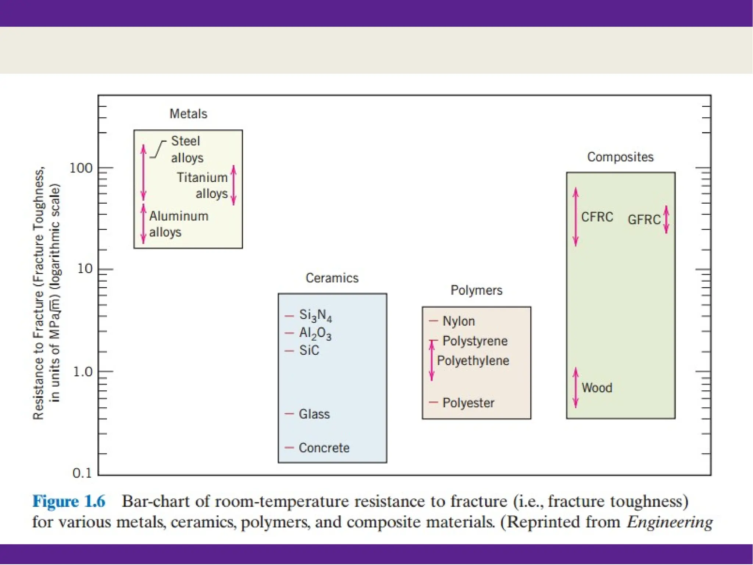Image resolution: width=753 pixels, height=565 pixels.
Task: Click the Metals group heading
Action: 188,114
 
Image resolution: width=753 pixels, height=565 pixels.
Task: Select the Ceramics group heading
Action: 332,278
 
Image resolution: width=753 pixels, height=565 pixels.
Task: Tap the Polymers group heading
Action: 476,290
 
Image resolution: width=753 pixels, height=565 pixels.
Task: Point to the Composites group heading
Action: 620,157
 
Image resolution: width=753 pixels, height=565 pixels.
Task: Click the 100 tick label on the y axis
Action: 81,168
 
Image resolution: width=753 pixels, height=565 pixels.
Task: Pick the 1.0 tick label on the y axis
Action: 82,372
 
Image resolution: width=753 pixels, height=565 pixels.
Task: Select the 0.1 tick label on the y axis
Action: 82,473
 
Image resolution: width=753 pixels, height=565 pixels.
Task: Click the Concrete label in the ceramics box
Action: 324,448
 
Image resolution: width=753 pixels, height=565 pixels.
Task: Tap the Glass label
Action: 314,414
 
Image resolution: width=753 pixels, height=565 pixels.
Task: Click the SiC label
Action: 309,350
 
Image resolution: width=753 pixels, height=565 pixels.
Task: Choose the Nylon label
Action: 458,321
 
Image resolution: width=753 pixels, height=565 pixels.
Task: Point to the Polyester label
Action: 468,403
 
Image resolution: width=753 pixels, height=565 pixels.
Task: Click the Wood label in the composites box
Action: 597,388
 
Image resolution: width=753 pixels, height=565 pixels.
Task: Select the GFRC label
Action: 644,220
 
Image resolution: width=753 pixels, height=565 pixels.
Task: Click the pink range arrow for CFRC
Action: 576,217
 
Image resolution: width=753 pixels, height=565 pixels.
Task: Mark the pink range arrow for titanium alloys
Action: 233,185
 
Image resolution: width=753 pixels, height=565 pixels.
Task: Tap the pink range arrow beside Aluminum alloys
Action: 144,224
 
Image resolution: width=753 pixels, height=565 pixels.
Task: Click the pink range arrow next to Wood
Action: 576,387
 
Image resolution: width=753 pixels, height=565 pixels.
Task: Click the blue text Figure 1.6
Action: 69,501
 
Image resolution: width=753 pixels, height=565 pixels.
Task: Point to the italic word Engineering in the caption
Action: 670,522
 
